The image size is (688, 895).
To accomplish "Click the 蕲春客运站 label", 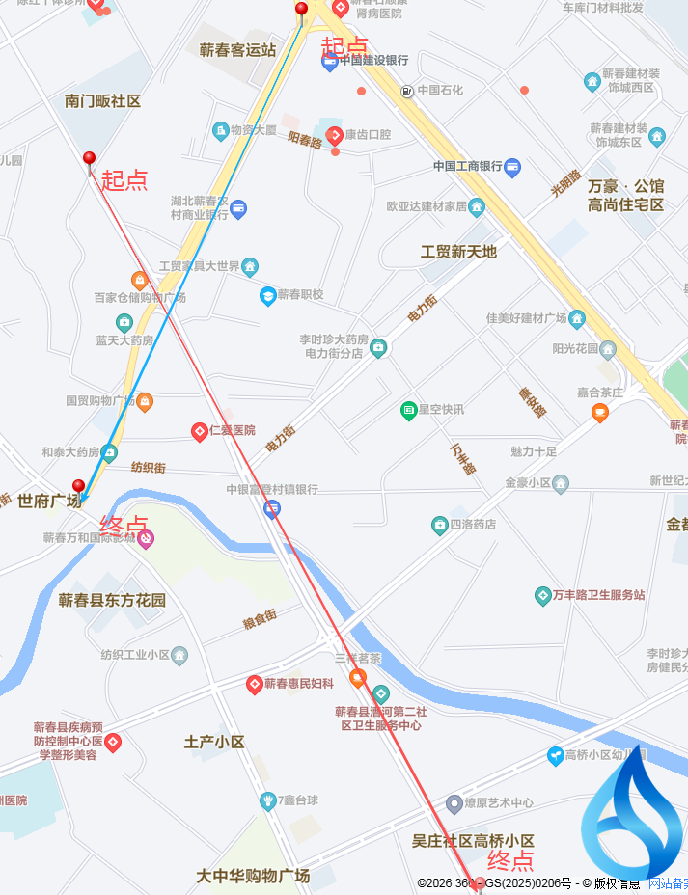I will point(237,50).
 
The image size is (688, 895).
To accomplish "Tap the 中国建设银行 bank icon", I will point(329,61).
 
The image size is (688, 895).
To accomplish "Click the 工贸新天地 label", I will point(458,252).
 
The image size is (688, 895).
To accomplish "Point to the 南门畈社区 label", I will point(103,101).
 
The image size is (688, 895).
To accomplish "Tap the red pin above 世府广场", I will point(79,486).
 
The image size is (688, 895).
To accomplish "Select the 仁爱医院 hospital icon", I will point(199,430).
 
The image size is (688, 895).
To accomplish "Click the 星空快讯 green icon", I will point(408,410).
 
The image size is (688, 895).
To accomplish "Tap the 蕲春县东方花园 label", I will point(112,600).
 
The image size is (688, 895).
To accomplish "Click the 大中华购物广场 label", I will point(253,877).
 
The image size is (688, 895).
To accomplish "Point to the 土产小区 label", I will point(214,742).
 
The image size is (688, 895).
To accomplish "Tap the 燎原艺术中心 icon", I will point(454,803).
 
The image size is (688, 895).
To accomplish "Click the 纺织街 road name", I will point(149,468).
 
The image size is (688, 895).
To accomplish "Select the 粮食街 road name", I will point(260,618).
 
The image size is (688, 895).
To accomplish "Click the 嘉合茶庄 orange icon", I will point(600,413).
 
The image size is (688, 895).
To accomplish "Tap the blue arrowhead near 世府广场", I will point(83,500).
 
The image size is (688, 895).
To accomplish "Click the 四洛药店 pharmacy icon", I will point(439,525).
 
